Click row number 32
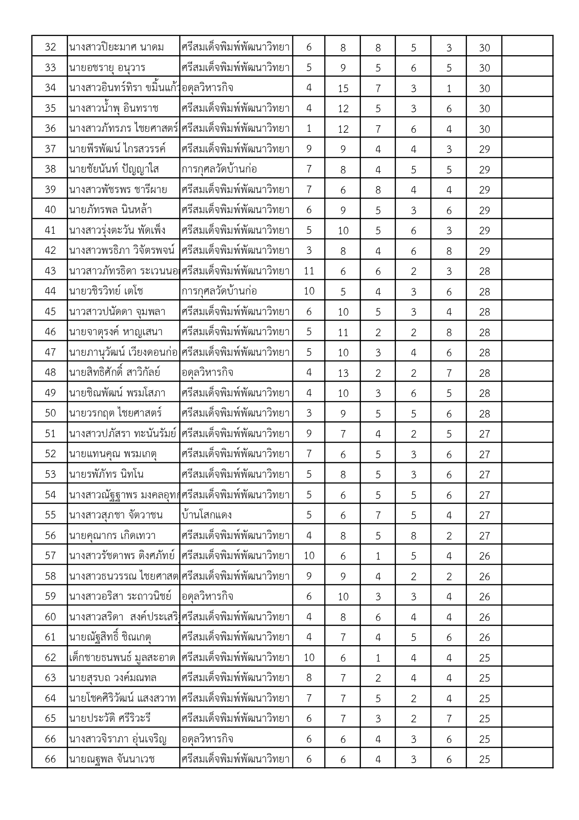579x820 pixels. coord(50,47)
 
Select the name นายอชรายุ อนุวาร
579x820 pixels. coord(107,68)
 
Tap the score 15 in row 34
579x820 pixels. coord(343,88)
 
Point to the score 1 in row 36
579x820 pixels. coord(309,129)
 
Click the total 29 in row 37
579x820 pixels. coord(484,149)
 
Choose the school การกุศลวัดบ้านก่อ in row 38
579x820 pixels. coord(219,169)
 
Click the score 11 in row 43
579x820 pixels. coord(309,271)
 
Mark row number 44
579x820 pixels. coord(50,291)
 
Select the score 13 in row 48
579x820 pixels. coord(343,373)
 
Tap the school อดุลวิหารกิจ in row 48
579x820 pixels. coord(208,373)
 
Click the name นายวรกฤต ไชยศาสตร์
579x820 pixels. coord(115,413)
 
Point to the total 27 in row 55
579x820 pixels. coord(484,515)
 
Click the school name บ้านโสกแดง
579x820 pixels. coord(207,515)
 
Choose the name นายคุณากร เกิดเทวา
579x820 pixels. coord(112,535)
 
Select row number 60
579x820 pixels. coord(50,617)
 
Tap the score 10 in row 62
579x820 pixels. coord(309,657)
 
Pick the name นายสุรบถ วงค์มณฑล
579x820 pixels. coord(113,678)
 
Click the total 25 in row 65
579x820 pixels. coord(484,719)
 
